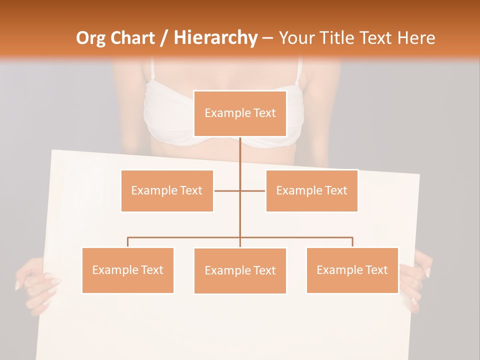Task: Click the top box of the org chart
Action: pos(240,113)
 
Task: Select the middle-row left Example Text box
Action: pos(167,190)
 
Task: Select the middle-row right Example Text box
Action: pos(311,190)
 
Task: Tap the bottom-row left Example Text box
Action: pos(128,270)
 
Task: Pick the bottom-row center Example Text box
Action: pos(240,270)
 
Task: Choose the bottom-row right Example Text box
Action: pos(352,270)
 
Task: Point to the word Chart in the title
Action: pos(132,38)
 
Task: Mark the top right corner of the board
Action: pos(419,175)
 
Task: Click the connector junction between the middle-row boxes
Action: pos(240,190)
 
